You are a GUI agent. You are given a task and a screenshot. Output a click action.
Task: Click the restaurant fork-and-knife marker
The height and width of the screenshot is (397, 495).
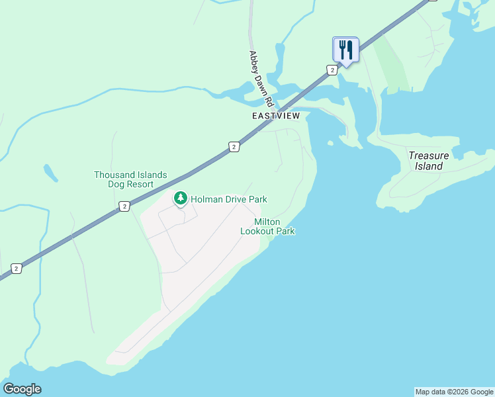click(345, 49)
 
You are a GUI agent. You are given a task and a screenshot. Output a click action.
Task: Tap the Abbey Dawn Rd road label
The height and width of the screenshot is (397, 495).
click(261, 79)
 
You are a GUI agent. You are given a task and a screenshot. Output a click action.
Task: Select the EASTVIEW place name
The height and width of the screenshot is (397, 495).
click(276, 116)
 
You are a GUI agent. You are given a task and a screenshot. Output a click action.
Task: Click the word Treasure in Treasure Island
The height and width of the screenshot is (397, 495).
click(428, 155)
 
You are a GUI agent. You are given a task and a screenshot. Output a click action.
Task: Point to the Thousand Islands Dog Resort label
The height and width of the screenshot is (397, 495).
click(130, 179)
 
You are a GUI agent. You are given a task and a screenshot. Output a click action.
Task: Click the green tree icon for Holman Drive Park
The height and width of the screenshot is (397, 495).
click(180, 198)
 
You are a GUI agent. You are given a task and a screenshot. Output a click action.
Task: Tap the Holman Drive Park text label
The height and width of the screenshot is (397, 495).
click(229, 198)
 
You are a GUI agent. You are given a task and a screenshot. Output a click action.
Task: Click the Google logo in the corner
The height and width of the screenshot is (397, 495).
click(22, 389)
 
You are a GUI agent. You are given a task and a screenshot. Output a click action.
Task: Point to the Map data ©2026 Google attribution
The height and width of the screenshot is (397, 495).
click(454, 392)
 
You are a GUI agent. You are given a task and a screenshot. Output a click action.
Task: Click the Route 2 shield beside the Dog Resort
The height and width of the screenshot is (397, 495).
click(124, 207)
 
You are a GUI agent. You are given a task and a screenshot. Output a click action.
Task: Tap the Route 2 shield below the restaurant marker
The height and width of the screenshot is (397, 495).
click(332, 69)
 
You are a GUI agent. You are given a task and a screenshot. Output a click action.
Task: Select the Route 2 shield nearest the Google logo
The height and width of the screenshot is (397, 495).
click(17, 268)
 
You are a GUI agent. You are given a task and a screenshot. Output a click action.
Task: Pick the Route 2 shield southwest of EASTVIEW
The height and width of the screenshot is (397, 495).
click(234, 146)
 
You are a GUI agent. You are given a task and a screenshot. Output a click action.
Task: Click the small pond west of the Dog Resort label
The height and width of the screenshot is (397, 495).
click(50, 173)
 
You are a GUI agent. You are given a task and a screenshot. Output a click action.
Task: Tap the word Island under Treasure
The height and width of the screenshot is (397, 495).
click(429, 166)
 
